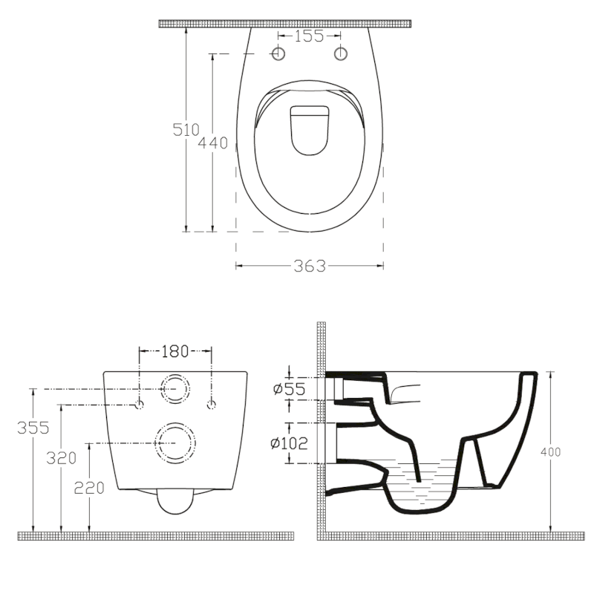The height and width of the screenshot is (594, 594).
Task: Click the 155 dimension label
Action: (x=309, y=35)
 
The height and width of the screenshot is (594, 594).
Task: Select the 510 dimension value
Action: (x=186, y=129)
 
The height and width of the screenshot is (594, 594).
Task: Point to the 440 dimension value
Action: (x=213, y=143)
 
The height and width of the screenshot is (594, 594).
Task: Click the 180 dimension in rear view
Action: (x=175, y=350)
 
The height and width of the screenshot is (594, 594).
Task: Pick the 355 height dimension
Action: (x=33, y=428)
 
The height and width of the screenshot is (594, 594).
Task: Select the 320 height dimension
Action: (x=62, y=458)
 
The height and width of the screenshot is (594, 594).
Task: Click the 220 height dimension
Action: (x=88, y=487)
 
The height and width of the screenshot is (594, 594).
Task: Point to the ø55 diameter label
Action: (x=288, y=388)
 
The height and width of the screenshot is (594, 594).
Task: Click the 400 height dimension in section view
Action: (x=552, y=451)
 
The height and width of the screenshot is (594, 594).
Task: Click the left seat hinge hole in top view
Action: (x=278, y=53)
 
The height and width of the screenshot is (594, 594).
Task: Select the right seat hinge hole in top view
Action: (x=342, y=53)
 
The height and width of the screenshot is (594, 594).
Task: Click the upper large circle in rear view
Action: (x=176, y=388)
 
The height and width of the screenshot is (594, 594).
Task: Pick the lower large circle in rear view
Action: (x=176, y=443)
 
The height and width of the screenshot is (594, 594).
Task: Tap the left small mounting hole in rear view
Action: (x=140, y=404)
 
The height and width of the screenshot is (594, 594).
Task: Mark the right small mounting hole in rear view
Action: (x=212, y=404)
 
